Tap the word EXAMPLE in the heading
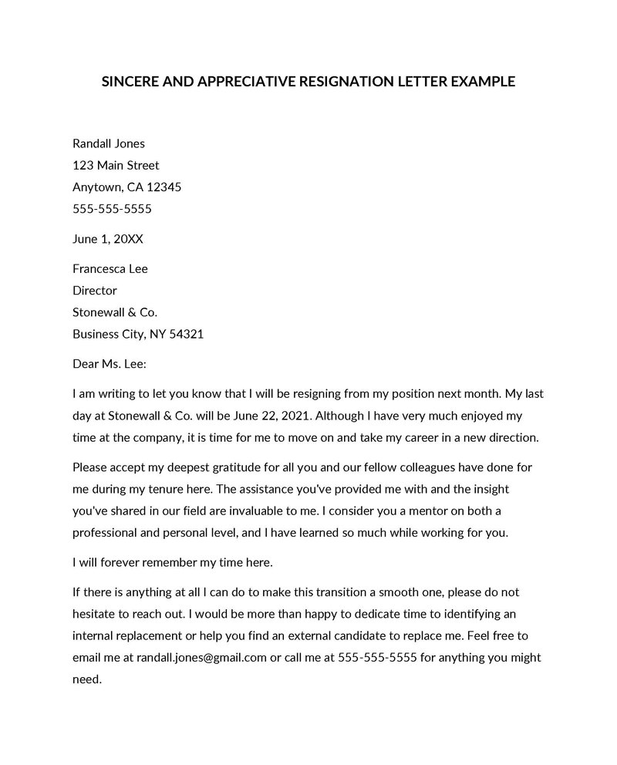[477, 81]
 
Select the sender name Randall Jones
[109, 143]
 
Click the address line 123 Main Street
[116, 165]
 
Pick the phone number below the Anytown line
[112, 208]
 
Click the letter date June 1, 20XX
[108, 239]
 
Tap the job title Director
[95, 291]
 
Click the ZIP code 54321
[185, 334]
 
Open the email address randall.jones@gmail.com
[201, 658]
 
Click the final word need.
[86, 680]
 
